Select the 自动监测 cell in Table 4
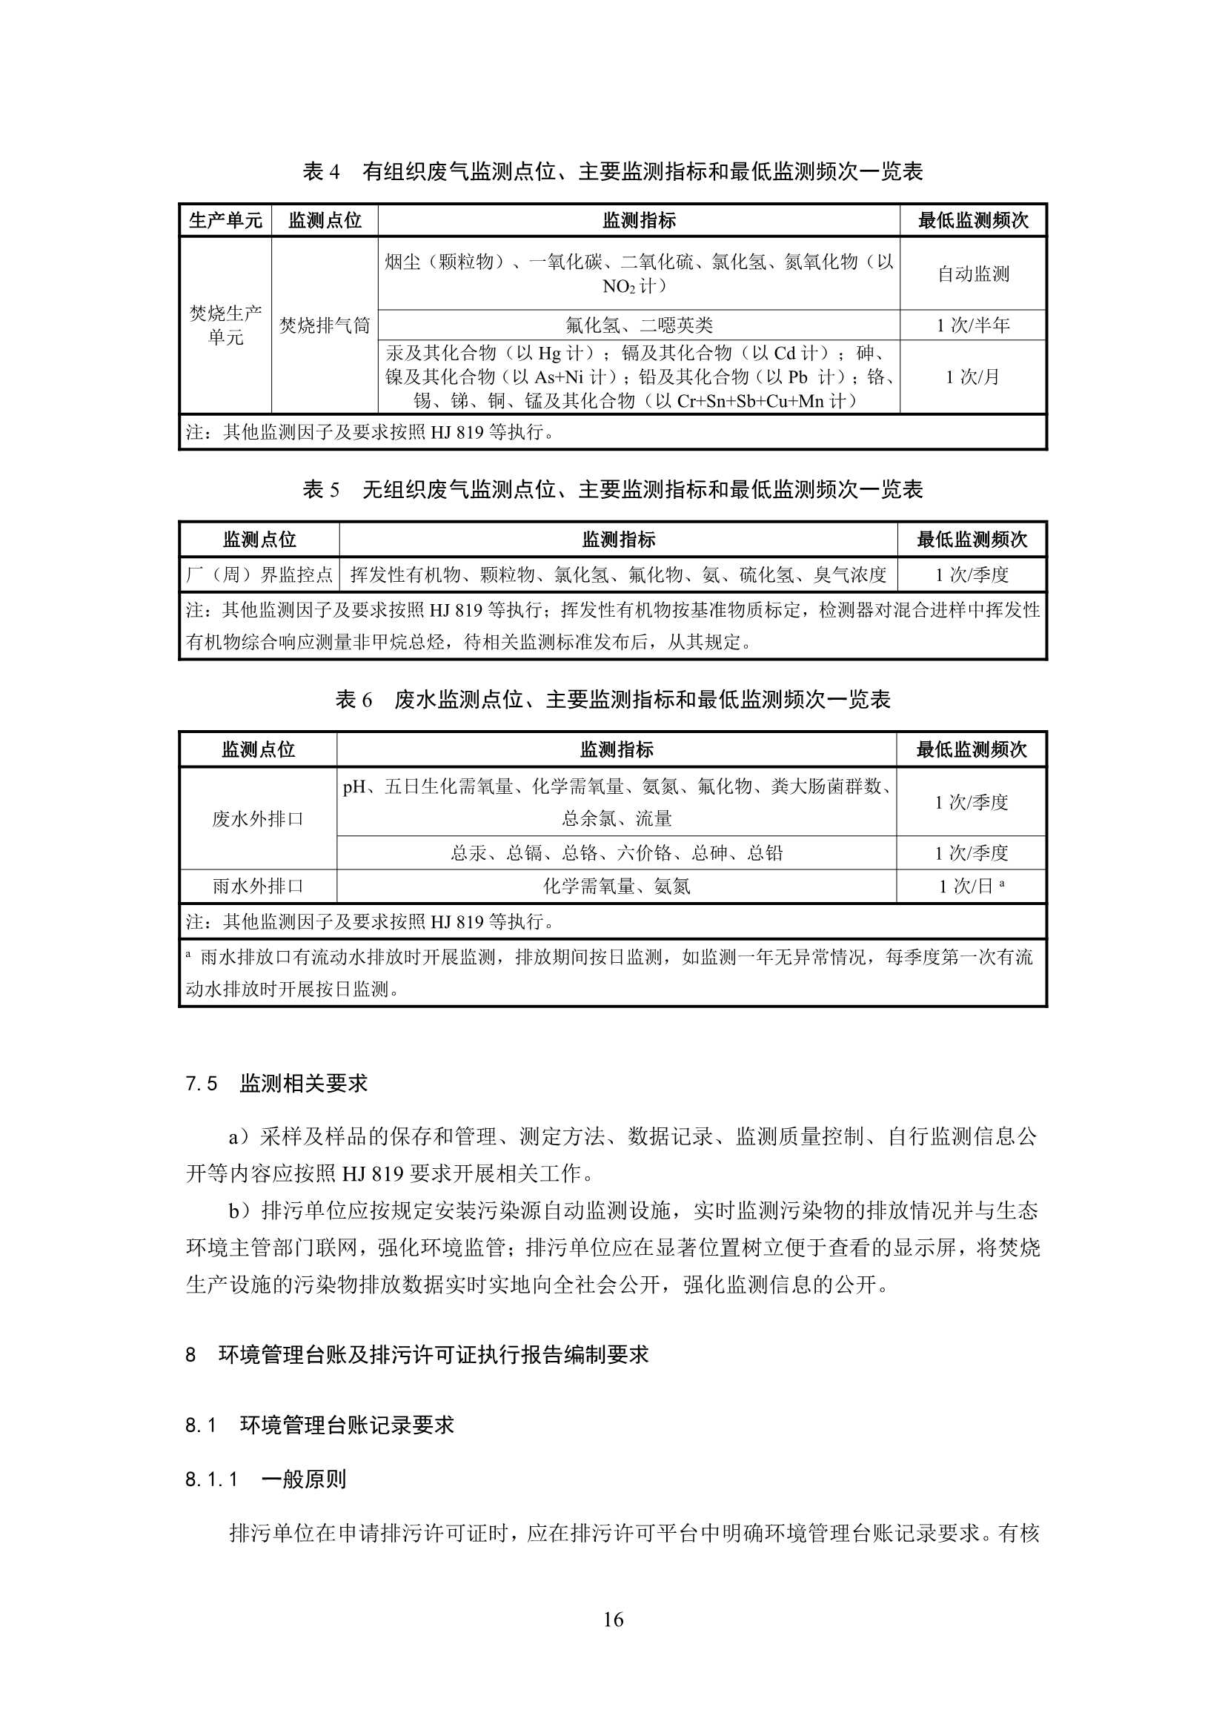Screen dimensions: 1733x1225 (972, 274)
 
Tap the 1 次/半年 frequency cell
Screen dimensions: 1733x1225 (972, 325)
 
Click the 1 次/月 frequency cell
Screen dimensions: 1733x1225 (972, 377)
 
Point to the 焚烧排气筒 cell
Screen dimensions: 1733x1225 (325, 325)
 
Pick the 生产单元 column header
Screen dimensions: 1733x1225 (225, 220)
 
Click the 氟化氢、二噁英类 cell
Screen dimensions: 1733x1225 (639, 325)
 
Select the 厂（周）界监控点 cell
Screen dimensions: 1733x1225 (259, 575)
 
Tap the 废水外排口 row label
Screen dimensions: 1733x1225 (257, 819)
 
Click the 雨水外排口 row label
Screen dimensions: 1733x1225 (257, 886)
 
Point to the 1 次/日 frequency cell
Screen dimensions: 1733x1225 (971, 886)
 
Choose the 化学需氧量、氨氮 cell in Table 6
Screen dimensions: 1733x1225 (616, 886)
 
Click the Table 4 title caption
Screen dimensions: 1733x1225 (612, 172)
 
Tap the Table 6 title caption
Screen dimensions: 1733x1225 (612, 700)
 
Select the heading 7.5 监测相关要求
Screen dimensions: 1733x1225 (276, 1084)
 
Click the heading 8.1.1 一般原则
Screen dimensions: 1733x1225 (266, 1479)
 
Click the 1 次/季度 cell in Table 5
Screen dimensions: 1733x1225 (972, 575)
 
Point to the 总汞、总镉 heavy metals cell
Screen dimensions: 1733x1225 (616, 853)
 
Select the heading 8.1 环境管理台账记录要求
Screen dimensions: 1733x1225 (319, 1425)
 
